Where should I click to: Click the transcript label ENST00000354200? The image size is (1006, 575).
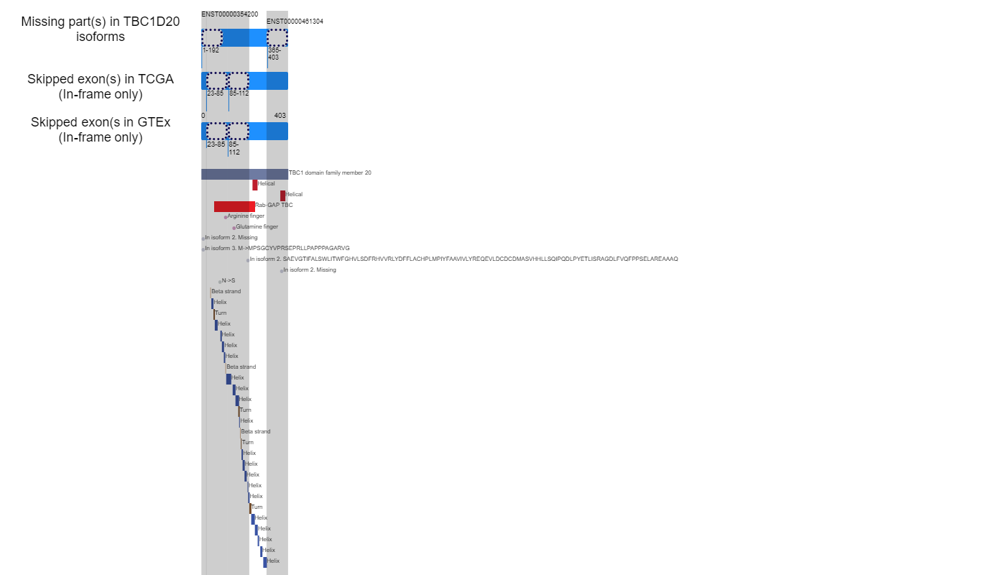click(229, 14)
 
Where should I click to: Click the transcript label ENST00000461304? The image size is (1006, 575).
click(295, 22)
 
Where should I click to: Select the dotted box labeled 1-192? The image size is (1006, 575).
click(212, 37)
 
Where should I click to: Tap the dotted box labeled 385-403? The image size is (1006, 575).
click(277, 37)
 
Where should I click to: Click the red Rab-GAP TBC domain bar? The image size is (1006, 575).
click(234, 207)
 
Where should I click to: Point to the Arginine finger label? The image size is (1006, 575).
click(246, 216)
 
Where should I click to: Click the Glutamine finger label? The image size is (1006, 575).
click(257, 227)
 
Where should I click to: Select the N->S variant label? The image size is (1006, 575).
click(229, 281)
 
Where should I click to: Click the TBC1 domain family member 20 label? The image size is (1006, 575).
click(330, 173)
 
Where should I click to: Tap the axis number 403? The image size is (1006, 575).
click(280, 116)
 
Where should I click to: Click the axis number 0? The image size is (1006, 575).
click(203, 116)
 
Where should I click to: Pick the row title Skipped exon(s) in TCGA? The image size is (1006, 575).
click(101, 79)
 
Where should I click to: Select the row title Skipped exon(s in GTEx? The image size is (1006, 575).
click(101, 122)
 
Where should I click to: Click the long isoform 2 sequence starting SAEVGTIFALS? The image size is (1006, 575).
click(464, 259)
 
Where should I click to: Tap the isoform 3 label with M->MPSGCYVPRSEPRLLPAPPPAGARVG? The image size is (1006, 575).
click(277, 249)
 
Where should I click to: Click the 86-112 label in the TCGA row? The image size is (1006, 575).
click(239, 93)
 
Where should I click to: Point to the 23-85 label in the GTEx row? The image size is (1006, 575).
click(216, 144)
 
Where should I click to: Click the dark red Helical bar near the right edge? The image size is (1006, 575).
click(282, 195)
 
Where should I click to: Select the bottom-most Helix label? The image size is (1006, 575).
click(273, 561)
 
